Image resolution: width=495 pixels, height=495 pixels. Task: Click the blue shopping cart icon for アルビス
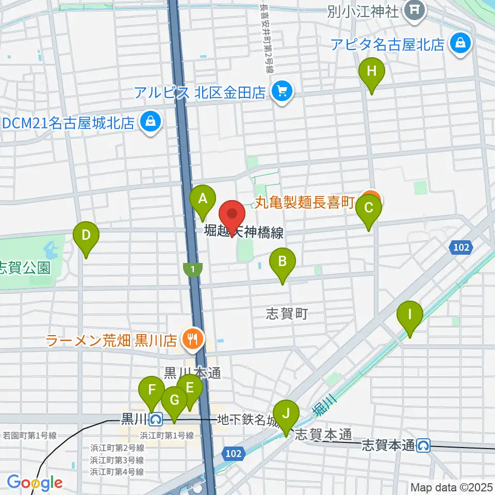(x=283, y=92)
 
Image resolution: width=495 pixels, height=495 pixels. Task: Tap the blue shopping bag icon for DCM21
(x=150, y=122)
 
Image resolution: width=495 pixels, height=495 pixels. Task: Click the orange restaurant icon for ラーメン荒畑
(x=194, y=339)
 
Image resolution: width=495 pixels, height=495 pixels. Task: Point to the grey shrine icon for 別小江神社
(x=414, y=10)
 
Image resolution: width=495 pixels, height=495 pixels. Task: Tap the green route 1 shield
(x=193, y=269)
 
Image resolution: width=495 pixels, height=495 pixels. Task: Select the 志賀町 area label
(x=287, y=313)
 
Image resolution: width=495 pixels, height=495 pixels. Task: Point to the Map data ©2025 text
(x=451, y=487)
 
